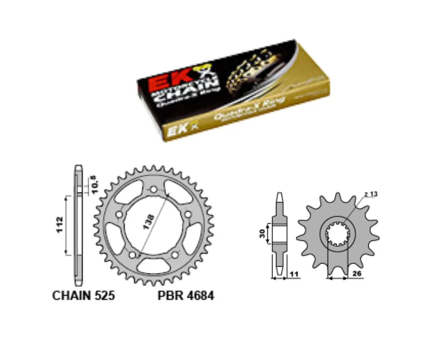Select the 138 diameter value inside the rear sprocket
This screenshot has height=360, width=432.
[x=147, y=222]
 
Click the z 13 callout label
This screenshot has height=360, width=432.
[x=371, y=194]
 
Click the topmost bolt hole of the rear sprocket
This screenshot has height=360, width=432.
[x=154, y=189]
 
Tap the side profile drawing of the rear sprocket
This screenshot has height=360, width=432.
[x=78, y=225]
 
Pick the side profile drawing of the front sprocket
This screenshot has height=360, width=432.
[x=280, y=234]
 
